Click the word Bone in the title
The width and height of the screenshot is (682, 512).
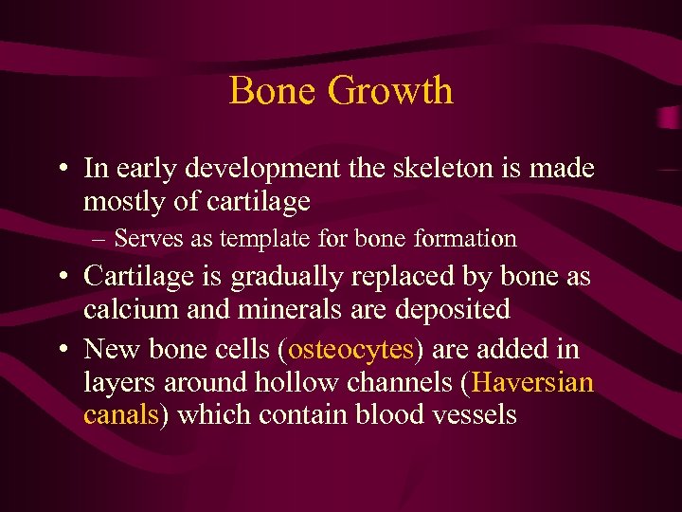(273, 91)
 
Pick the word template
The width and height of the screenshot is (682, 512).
(253, 239)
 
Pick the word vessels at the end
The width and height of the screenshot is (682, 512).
(473, 414)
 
